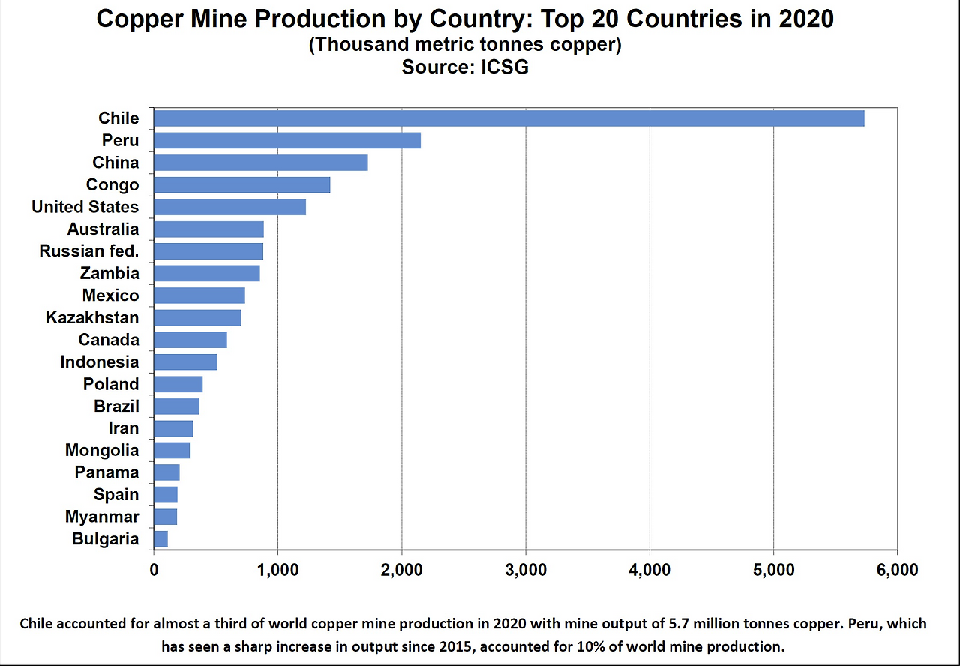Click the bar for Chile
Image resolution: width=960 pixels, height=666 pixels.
coord(508,118)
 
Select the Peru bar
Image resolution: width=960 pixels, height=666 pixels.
coord(286,140)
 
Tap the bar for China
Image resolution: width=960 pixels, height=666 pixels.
coord(260,163)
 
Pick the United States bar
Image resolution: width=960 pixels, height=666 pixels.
coord(229,207)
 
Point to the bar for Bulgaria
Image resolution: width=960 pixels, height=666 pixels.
coord(160,538)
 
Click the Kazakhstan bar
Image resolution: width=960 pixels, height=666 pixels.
coord(197,317)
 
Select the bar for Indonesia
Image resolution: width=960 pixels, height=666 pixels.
coord(185,361)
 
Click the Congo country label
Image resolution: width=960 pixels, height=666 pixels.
coord(112,184)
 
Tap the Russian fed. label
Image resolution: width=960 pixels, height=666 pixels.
coord(89,251)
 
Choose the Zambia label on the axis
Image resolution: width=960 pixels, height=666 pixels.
coord(109,273)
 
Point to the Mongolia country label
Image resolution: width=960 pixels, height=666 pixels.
coord(102,450)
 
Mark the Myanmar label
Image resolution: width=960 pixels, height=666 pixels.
coord(102,517)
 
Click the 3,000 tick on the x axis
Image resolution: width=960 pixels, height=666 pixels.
coord(526,570)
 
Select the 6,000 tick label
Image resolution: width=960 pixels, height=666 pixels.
coord(897,570)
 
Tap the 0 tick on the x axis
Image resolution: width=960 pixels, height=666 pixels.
coord(154,570)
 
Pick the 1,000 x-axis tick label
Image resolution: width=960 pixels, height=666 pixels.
coord(277,570)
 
